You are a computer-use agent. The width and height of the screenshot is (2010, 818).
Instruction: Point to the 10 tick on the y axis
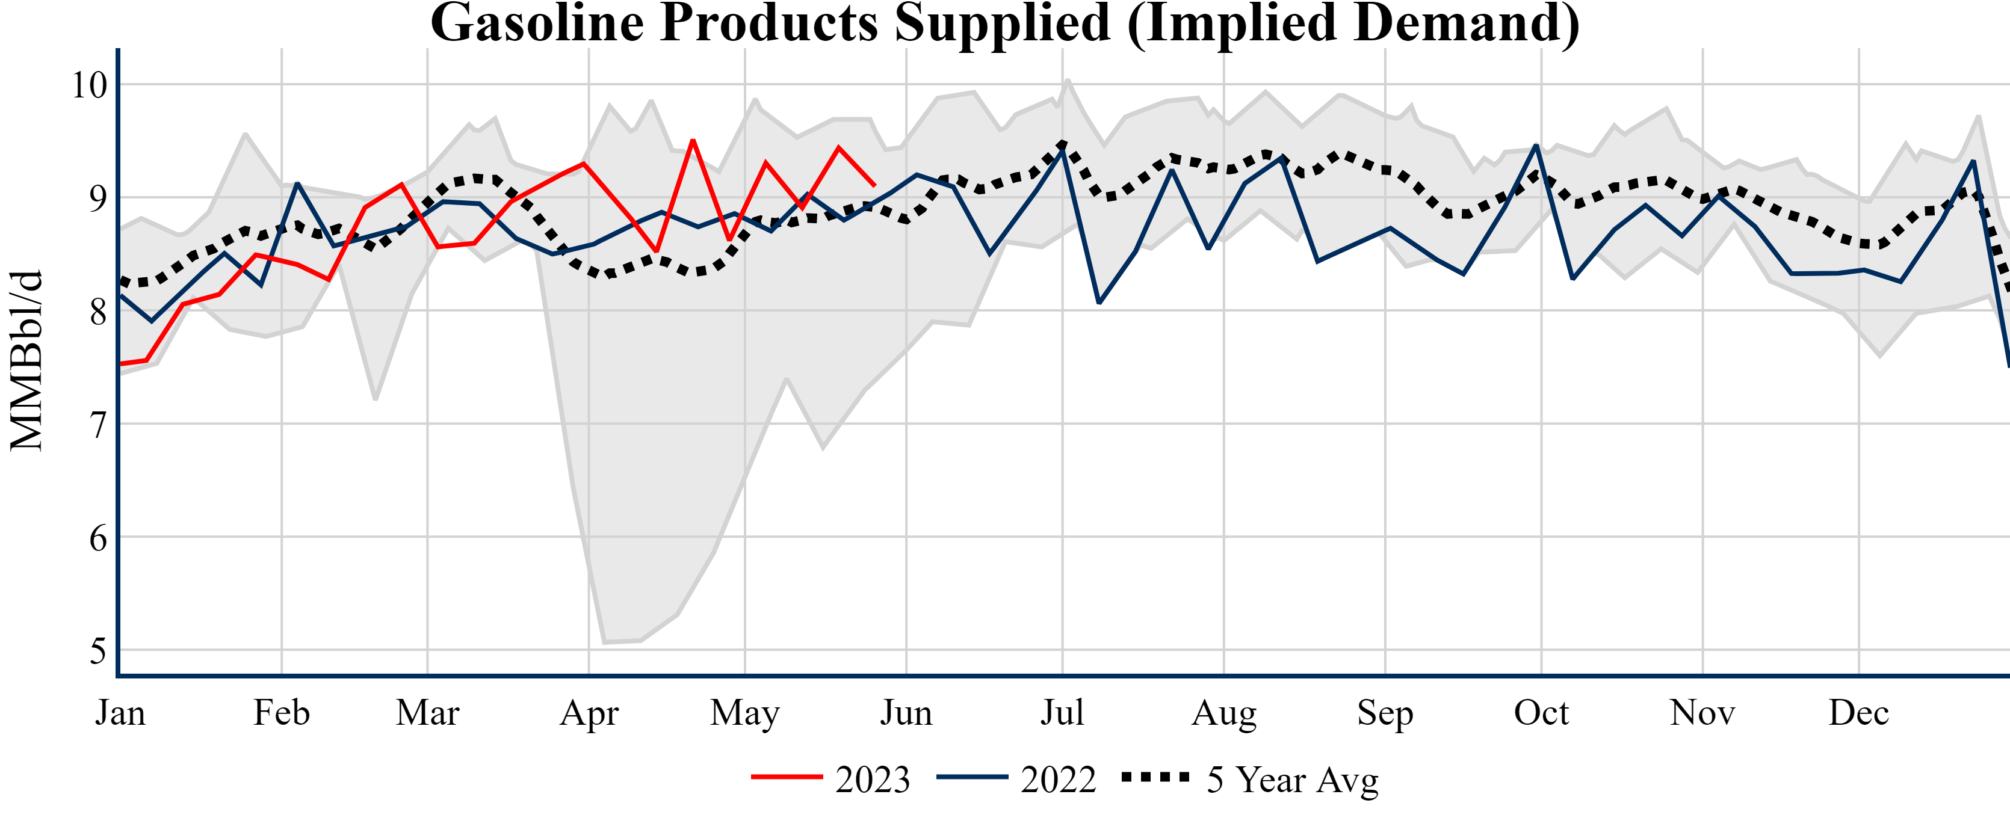(x=89, y=85)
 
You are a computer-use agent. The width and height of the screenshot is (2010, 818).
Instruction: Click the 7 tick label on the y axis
(x=97, y=425)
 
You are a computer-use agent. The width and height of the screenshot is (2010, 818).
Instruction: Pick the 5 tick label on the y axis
(x=97, y=651)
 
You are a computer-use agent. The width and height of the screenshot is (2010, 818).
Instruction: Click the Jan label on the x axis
(x=120, y=713)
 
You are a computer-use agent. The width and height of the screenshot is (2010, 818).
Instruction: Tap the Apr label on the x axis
(x=589, y=713)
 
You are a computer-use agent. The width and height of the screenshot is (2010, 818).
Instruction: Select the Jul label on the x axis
(x=1062, y=713)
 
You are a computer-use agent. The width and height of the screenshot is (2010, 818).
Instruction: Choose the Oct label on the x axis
(x=1541, y=713)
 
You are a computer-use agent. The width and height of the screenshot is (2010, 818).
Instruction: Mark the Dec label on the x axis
(x=1858, y=713)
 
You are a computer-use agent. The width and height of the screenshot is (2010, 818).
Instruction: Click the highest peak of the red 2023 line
(x=693, y=140)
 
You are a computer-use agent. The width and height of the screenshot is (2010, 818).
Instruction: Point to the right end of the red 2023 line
(x=874, y=186)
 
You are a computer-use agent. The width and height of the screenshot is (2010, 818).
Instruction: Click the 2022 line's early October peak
(x=1536, y=145)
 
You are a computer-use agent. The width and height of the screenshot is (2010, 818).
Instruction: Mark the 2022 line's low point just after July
(x=1099, y=303)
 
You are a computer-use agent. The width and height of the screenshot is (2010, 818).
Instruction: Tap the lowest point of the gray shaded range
(x=605, y=642)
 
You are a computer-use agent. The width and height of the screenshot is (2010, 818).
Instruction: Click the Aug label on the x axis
(x=1223, y=713)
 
